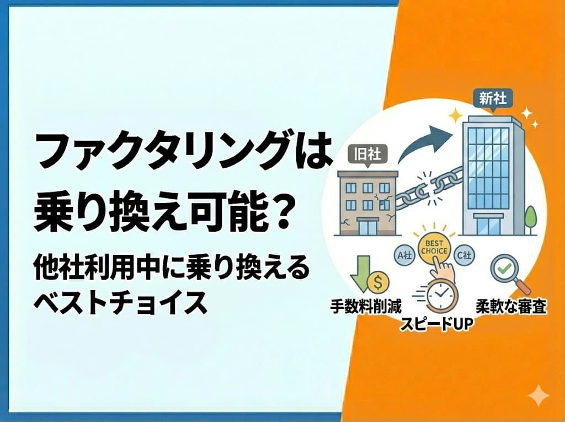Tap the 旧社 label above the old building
click(x=366, y=154)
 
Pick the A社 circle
click(x=403, y=255)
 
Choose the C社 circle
click(x=465, y=255)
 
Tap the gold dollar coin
click(x=378, y=283)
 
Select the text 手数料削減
click(x=366, y=305)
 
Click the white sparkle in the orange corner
click(x=538, y=396)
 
